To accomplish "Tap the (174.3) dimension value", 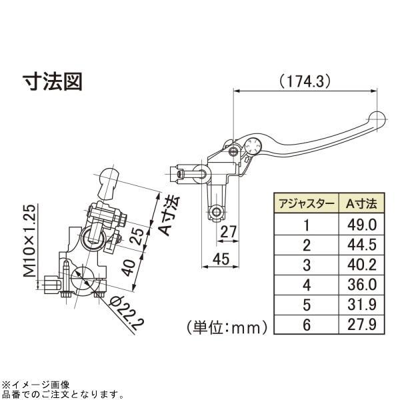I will [x=305, y=82].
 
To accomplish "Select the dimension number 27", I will [x=228, y=232].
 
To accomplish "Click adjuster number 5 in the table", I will [x=306, y=306].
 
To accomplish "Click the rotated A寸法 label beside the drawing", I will [x=166, y=216].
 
